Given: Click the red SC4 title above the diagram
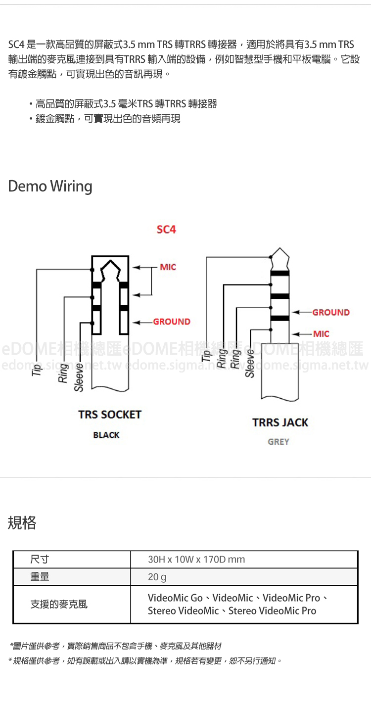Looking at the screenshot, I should (166, 230).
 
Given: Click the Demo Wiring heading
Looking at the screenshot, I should (50, 187).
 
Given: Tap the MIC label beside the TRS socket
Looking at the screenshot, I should (168, 267).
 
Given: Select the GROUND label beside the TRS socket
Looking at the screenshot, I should (171, 322).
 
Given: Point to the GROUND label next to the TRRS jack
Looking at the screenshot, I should (330, 312).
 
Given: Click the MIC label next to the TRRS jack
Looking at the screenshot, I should (321, 334).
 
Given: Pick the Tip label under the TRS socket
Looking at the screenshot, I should (36, 369).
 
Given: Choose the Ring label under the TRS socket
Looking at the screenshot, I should (63, 373).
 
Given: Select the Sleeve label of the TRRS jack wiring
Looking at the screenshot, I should (250, 363).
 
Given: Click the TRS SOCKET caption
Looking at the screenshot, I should (110, 415).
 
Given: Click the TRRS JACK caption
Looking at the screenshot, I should (280, 422).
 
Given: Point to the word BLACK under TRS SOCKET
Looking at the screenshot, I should (106, 435).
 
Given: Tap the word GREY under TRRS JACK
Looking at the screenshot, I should (278, 442).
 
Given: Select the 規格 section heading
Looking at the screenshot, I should (22, 522).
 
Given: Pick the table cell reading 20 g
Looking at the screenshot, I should (157, 577).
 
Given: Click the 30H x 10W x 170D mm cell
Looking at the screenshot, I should (196, 560).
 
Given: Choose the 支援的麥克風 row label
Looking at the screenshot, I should (59, 604).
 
